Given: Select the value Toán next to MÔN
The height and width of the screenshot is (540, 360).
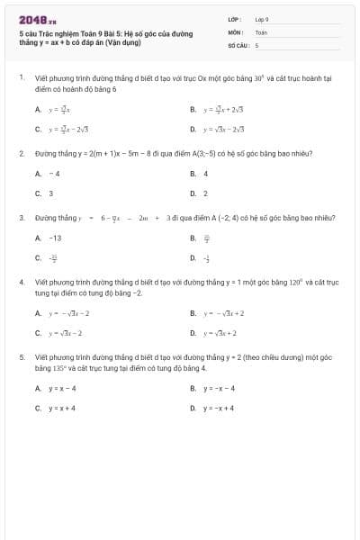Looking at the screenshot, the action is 261,31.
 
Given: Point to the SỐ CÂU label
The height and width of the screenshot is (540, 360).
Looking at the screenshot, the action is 237,44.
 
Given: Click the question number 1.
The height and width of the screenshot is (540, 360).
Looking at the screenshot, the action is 21,78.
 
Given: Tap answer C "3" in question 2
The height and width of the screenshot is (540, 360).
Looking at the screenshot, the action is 50,193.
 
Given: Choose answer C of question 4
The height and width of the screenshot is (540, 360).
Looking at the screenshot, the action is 64,333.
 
